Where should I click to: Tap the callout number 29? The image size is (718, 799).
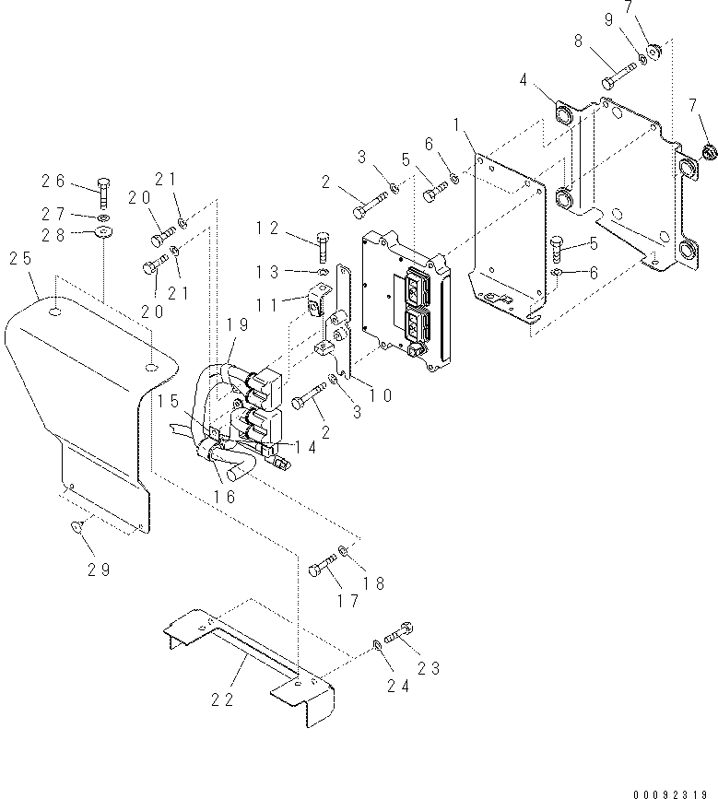pos(99,570)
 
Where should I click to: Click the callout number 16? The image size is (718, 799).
pos(226,497)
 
